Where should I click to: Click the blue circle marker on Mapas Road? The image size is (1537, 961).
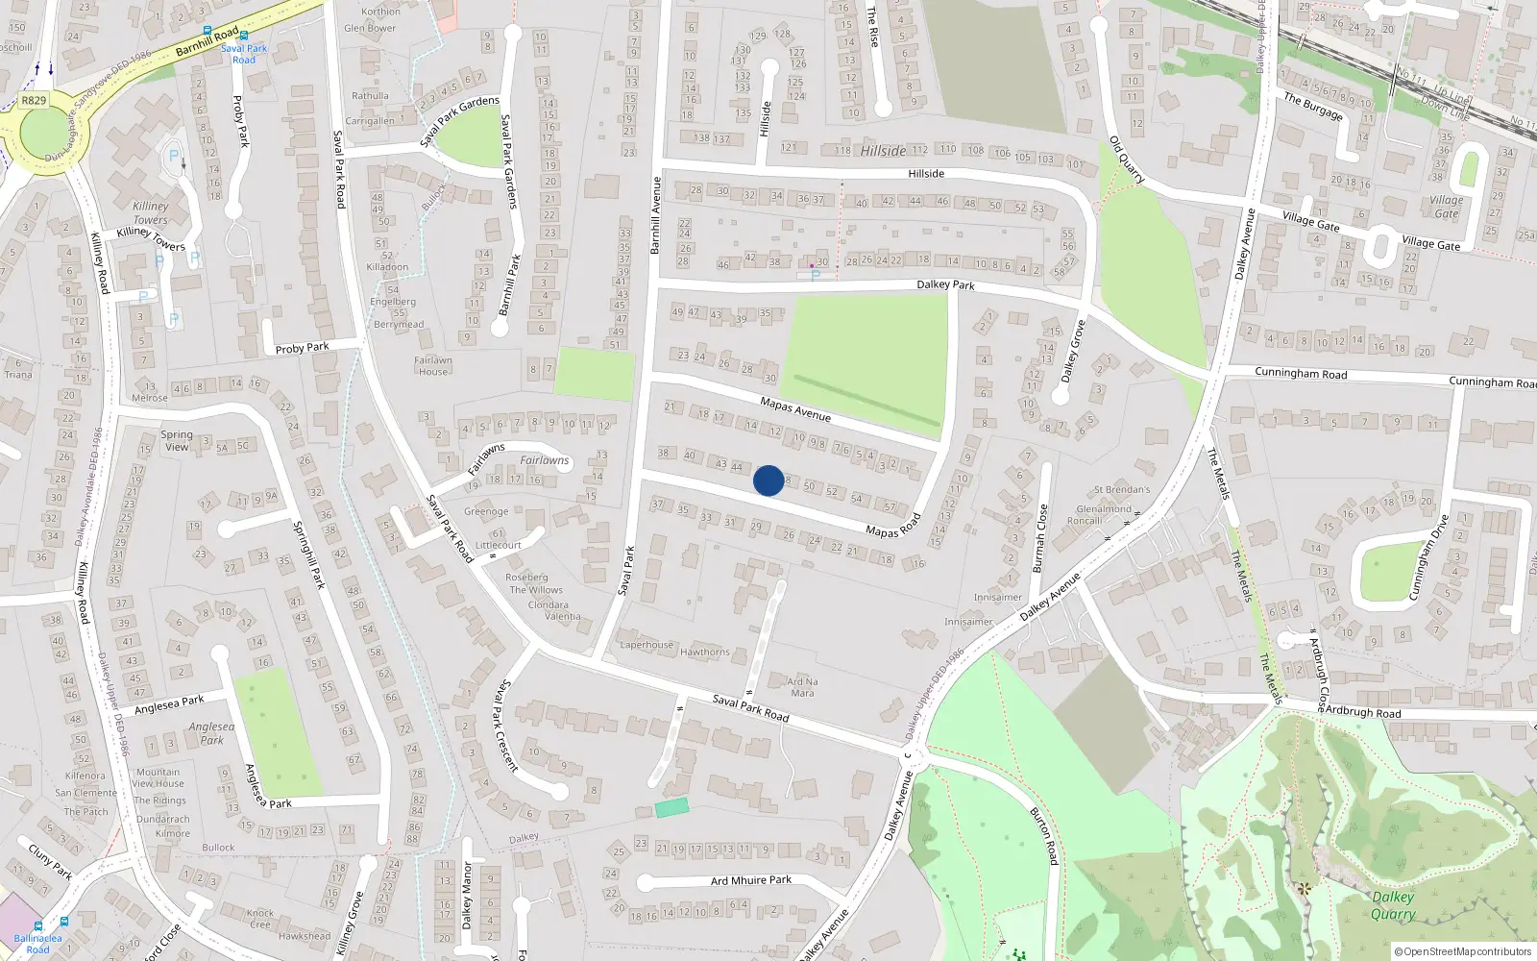pos(768,480)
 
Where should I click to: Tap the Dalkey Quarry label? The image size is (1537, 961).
pos(1392,905)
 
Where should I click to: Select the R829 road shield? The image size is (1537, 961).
pos(34,100)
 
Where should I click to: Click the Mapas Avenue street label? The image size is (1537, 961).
pos(795,409)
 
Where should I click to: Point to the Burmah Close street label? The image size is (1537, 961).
pos(1040,538)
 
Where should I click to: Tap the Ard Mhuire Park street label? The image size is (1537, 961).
pos(751,880)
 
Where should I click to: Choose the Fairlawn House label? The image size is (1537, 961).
pos(433,366)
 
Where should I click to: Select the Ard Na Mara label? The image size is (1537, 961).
pos(802,687)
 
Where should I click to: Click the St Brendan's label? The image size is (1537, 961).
pos(1121,490)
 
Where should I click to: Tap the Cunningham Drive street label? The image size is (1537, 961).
pos(1427,558)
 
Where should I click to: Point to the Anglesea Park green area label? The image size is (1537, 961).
pos(211,733)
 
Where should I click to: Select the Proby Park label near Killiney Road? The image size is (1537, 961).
pos(302,348)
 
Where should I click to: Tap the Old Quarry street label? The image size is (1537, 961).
pos(1127,160)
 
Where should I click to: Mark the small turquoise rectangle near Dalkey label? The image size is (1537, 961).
pos(671,808)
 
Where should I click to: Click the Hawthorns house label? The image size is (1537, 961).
pos(704,653)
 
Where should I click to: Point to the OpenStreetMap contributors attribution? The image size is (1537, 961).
pos(1463,952)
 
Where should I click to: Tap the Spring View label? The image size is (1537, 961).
pos(176,441)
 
